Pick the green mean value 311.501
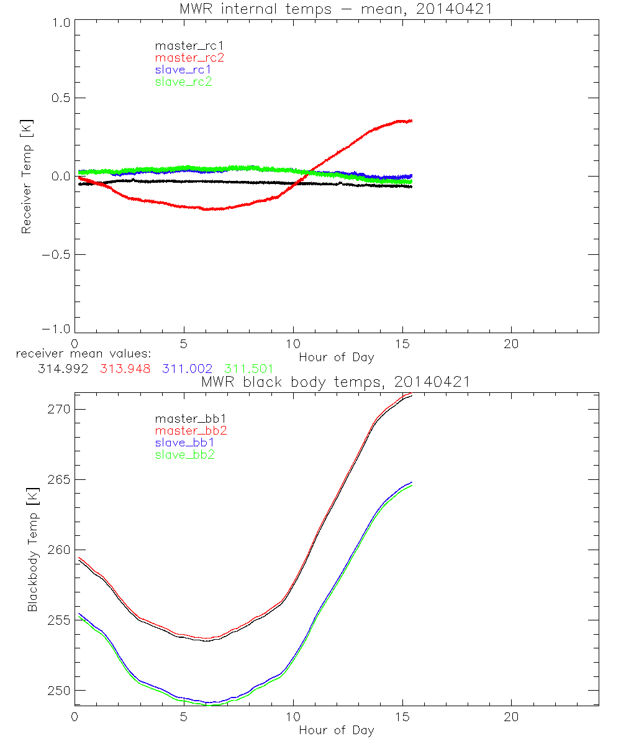(248, 369)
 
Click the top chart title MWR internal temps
(336, 9)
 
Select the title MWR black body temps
(336, 382)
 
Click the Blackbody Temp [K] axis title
(32, 550)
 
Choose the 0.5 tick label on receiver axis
(57, 98)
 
